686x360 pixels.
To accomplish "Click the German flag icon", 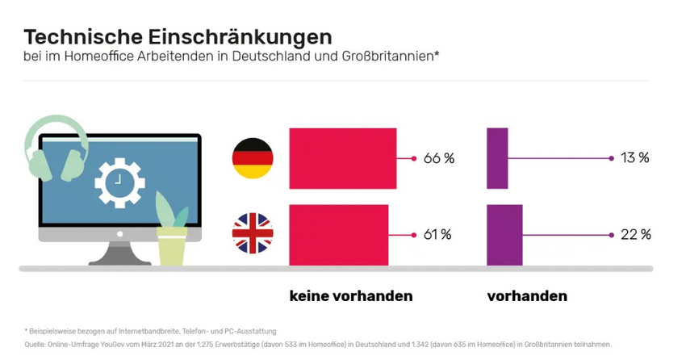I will pos(253,158).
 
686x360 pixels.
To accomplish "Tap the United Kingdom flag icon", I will pos(253,233).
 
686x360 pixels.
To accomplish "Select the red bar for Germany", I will pos(342,157).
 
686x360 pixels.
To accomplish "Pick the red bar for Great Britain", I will pos(338,235).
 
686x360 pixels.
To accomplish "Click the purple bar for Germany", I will pos(498,157).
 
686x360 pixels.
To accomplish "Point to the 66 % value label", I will pos(438,158).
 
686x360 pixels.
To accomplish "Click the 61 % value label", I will pos(437,235).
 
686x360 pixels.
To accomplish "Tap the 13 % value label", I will pos(635,158).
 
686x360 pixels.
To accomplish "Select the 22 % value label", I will pos(635,235).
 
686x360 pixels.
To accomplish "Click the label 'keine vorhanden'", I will pos(351,296).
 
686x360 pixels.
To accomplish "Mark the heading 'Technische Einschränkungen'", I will pos(178,36).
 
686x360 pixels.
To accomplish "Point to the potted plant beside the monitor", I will pos(172,234).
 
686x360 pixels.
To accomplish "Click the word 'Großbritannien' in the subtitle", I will pos(387,57).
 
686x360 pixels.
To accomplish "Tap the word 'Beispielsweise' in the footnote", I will pos(51,331).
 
